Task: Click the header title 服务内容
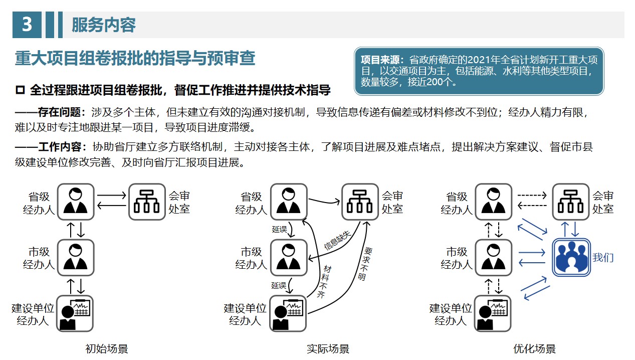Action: [x=103, y=25]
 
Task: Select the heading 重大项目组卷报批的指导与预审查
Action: [x=135, y=59]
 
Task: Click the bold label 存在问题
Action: [x=62, y=112]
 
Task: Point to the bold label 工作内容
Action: [x=62, y=147]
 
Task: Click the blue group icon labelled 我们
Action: [x=571, y=258]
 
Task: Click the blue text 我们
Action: [x=603, y=258]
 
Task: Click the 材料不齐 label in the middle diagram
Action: [x=324, y=281]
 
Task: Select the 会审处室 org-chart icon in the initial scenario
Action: [x=147, y=202]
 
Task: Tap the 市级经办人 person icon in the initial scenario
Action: [x=76, y=257]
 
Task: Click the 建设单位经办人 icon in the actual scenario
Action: [x=288, y=313]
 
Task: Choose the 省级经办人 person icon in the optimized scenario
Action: [x=493, y=202]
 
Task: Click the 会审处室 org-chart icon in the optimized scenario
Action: [x=571, y=202]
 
